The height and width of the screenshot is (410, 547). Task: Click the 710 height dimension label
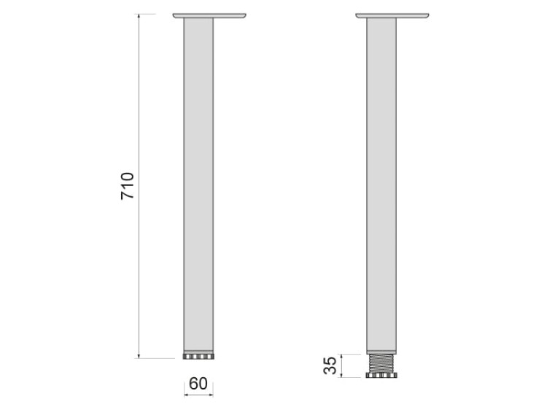128,186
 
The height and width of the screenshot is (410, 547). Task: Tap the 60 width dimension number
198,384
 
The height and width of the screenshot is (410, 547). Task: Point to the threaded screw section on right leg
381,363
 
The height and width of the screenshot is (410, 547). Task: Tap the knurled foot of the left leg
198,357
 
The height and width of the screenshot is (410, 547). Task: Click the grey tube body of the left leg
198,182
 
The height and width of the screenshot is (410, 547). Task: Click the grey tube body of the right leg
381,182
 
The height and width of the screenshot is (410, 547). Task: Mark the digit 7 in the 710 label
128,196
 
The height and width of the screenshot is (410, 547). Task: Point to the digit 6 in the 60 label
193,384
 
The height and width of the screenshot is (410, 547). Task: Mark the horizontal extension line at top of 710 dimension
150,14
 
